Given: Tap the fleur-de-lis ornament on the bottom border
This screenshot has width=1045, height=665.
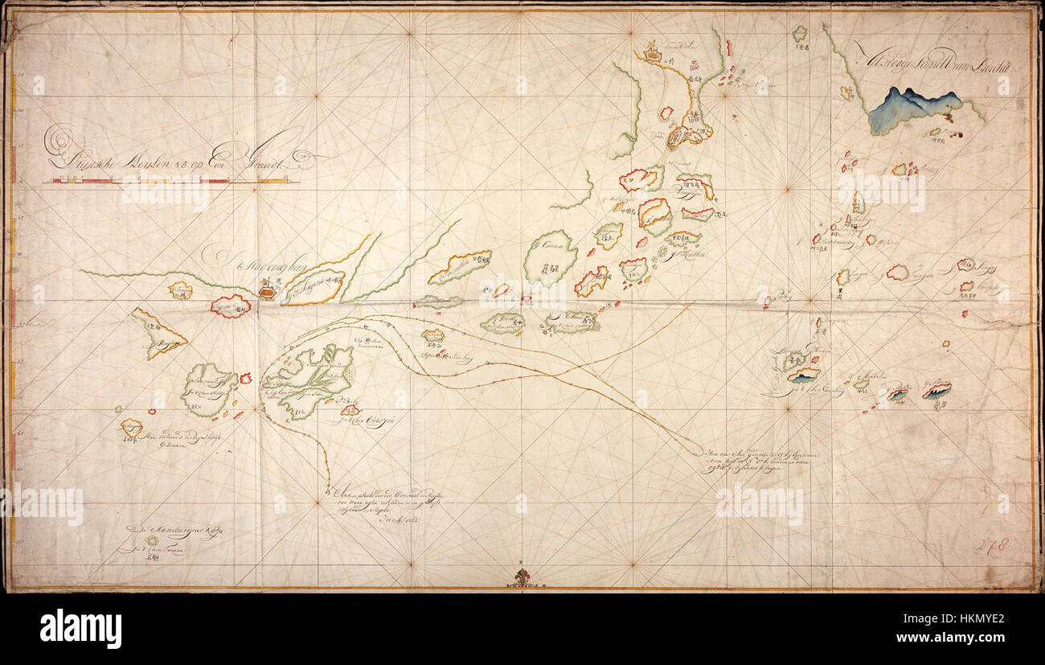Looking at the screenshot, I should (523, 576).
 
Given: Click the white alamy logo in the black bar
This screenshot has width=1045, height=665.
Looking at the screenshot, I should (80, 628).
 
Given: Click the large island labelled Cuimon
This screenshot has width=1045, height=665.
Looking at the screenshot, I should (551, 258).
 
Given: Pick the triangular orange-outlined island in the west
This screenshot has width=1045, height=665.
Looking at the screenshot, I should (157, 333).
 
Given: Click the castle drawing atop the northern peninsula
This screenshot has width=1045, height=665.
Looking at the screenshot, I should (652, 55).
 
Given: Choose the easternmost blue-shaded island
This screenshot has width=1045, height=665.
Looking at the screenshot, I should (936, 390).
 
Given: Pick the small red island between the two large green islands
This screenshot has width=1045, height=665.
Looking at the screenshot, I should (245, 377).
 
